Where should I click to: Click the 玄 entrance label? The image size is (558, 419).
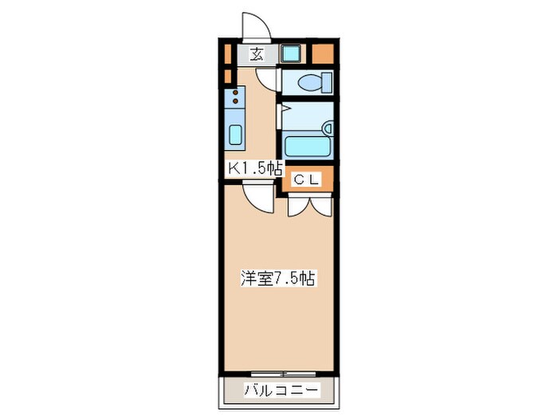pyautogui.click(x=257, y=54)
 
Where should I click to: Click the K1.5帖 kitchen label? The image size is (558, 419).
pyautogui.click(x=255, y=168)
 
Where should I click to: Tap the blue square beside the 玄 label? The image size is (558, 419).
pyautogui.click(x=289, y=55)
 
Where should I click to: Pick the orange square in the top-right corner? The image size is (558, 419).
pyautogui.click(x=323, y=55)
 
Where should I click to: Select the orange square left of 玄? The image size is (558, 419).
pyautogui.click(x=228, y=55)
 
